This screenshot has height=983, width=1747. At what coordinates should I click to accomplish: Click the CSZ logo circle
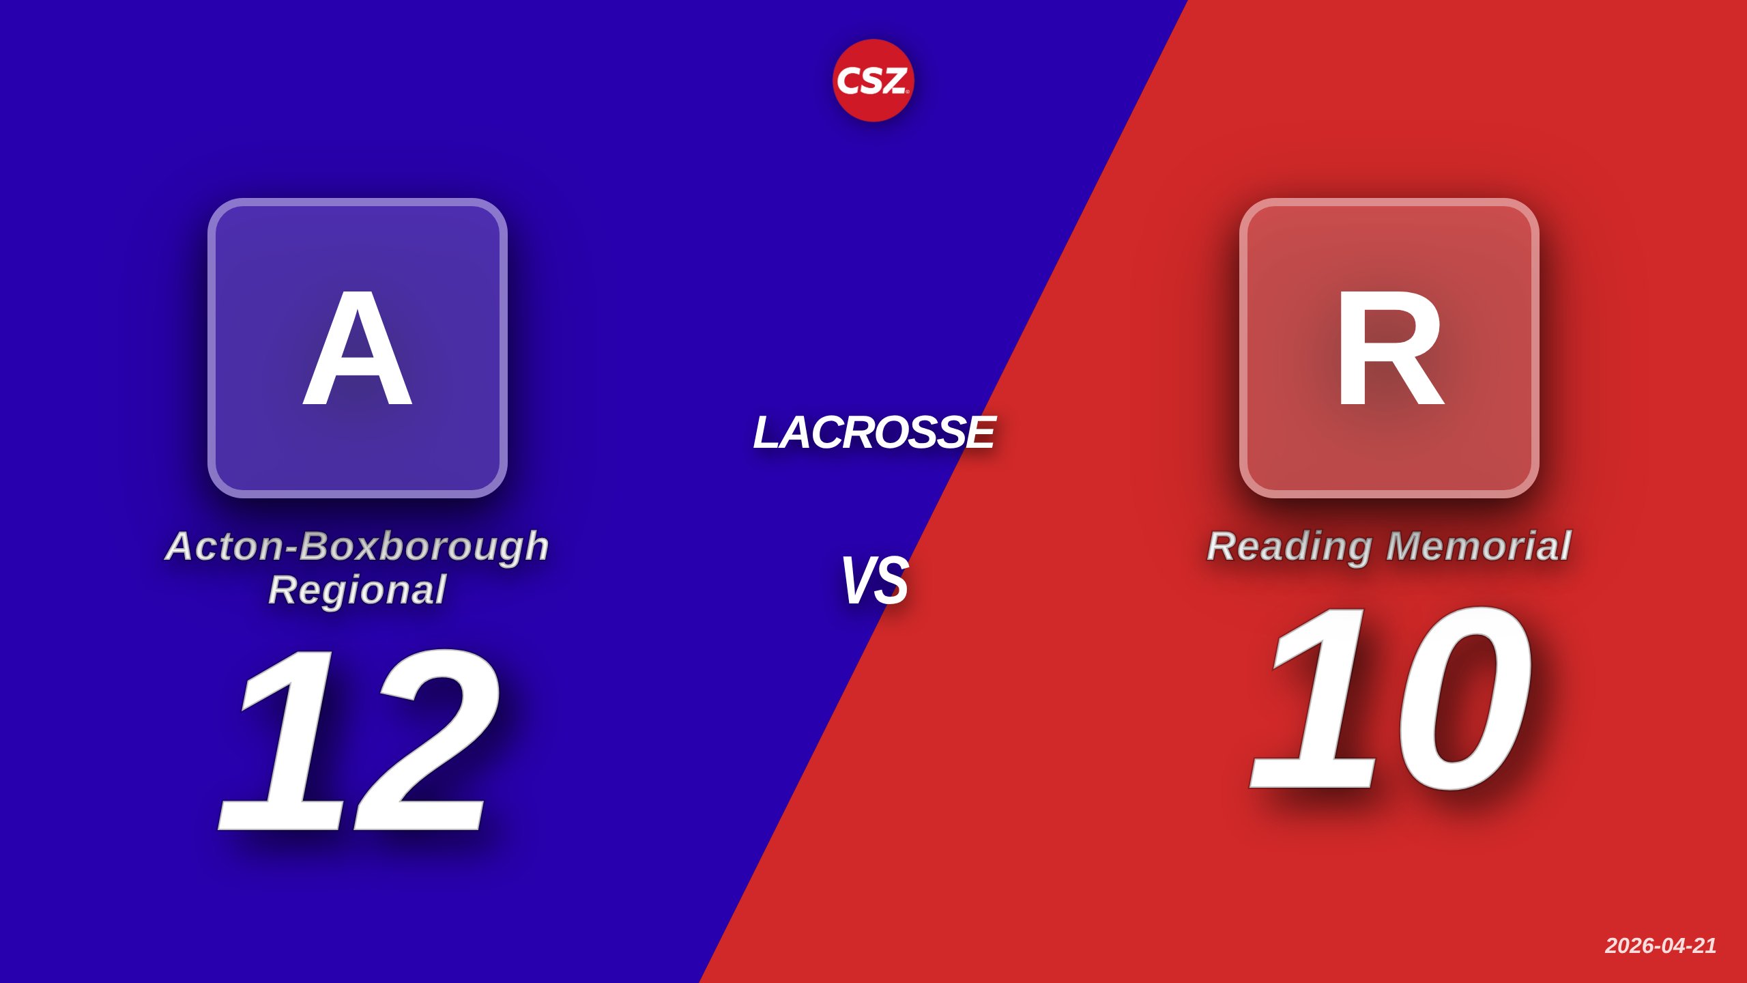click(873, 81)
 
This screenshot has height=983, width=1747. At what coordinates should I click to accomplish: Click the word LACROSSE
click(873, 432)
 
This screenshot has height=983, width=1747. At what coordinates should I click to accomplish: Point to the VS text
click(874, 580)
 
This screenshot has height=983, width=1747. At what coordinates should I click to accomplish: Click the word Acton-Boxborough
click(358, 547)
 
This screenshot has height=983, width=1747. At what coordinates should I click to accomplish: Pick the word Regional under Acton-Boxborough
click(358, 590)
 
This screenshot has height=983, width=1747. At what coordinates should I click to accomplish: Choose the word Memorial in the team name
click(1479, 546)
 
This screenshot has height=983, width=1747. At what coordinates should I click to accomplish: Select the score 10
click(1390, 698)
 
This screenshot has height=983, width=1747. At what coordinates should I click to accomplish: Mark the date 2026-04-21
click(1660, 945)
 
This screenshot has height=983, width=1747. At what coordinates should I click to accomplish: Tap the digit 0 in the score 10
click(1460, 698)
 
